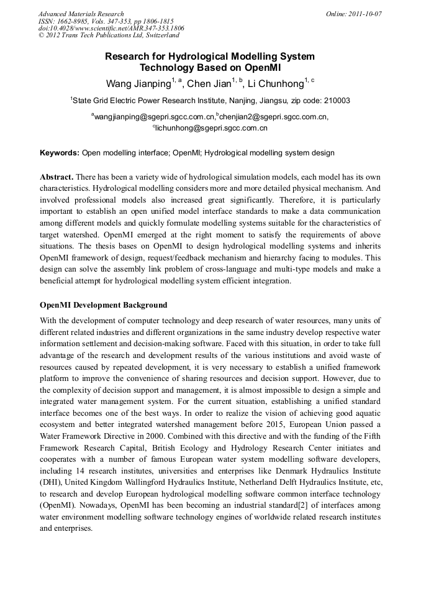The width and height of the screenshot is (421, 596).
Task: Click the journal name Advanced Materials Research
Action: coord(81,14)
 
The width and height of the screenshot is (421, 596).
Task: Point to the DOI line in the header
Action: coord(111,28)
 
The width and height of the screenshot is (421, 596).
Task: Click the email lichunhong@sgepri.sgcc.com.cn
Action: coord(211,129)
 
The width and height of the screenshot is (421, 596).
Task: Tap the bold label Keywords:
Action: coord(60,153)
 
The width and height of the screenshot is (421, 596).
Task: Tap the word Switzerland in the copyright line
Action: coord(157,35)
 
